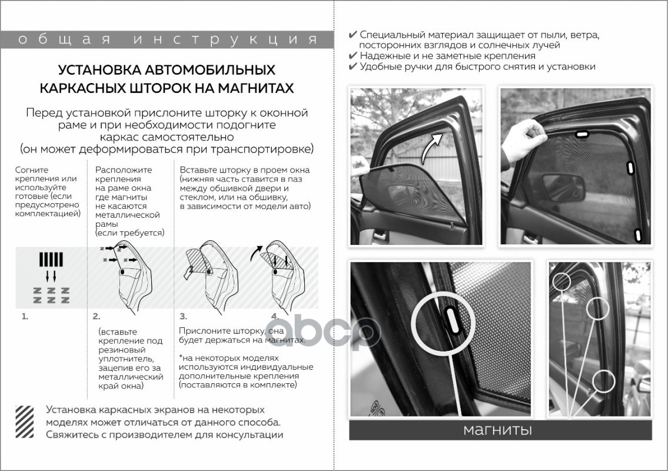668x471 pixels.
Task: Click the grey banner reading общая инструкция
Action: pos(167,39)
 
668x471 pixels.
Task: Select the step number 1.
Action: pos(25,316)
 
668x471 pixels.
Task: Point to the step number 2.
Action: pos(97,316)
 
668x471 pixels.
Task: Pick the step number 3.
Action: pos(183,316)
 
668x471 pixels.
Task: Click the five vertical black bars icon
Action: pos(51,259)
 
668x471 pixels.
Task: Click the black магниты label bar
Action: pos(500,430)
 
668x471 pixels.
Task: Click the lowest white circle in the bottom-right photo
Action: pos(605,381)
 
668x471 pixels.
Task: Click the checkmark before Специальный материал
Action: pos(353,35)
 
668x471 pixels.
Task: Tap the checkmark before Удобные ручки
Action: pos(353,67)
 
